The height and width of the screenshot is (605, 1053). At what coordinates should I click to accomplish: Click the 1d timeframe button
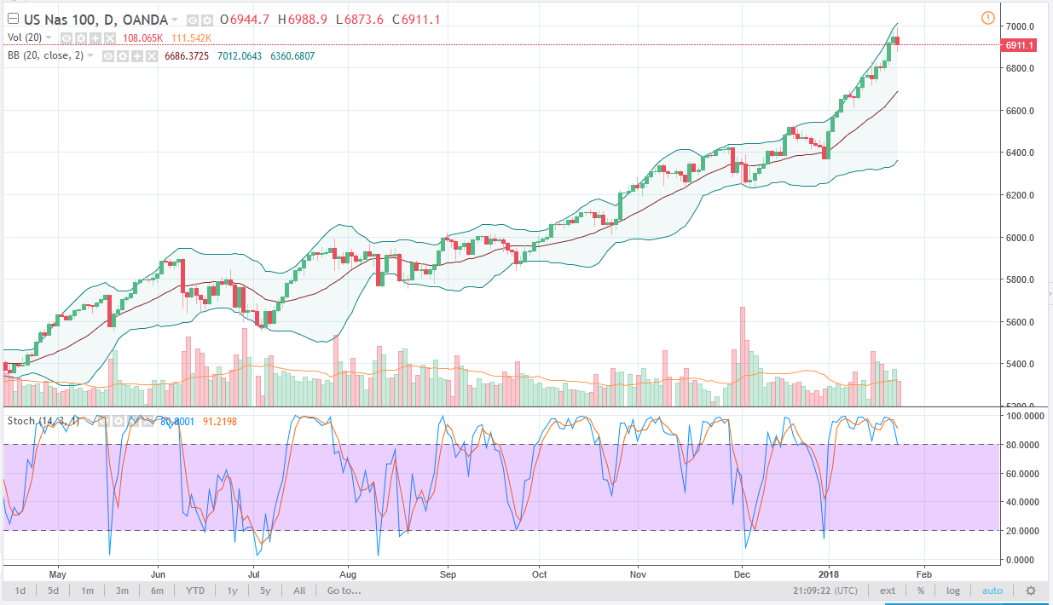tap(20, 591)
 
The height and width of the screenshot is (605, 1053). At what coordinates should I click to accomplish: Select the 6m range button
tap(157, 591)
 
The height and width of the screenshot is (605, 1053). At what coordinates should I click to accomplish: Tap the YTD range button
tap(195, 591)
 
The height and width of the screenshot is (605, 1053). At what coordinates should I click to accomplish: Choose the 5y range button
tap(265, 591)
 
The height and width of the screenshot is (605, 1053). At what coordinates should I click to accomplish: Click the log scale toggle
tap(952, 591)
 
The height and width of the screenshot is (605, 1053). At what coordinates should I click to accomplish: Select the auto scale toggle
tap(992, 591)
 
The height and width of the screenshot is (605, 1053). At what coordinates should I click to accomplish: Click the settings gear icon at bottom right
tap(1030, 591)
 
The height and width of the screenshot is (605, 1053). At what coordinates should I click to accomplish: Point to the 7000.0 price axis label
tap(1020, 26)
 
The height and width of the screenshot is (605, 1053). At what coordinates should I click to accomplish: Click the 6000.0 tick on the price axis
tap(1020, 238)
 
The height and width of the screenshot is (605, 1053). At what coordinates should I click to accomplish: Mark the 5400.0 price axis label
tap(1020, 365)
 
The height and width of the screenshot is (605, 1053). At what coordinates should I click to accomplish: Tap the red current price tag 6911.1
tap(1020, 44)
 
